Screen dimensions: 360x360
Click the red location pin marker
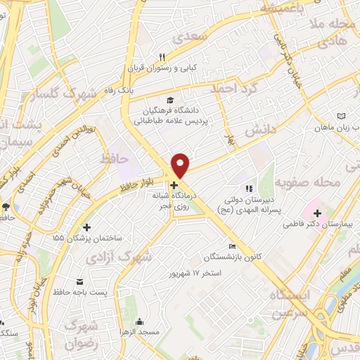pyautogui.click(x=181, y=165)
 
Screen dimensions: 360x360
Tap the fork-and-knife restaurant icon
pyautogui.click(x=162, y=58)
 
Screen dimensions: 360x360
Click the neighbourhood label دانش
pyautogui.click(x=259, y=131)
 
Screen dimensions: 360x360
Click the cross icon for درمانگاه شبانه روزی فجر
pyautogui.click(x=174, y=186)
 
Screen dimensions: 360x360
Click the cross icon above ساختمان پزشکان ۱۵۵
pyautogui.click(x=86, y=227)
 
